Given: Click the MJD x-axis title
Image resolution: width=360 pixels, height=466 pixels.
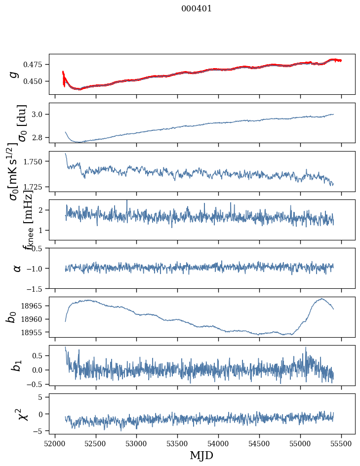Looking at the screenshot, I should click(201, 455).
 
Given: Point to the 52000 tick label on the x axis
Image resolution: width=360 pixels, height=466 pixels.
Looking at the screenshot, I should click(55, 443).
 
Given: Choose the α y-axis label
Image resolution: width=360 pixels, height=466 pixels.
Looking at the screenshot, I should click(17, 268).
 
